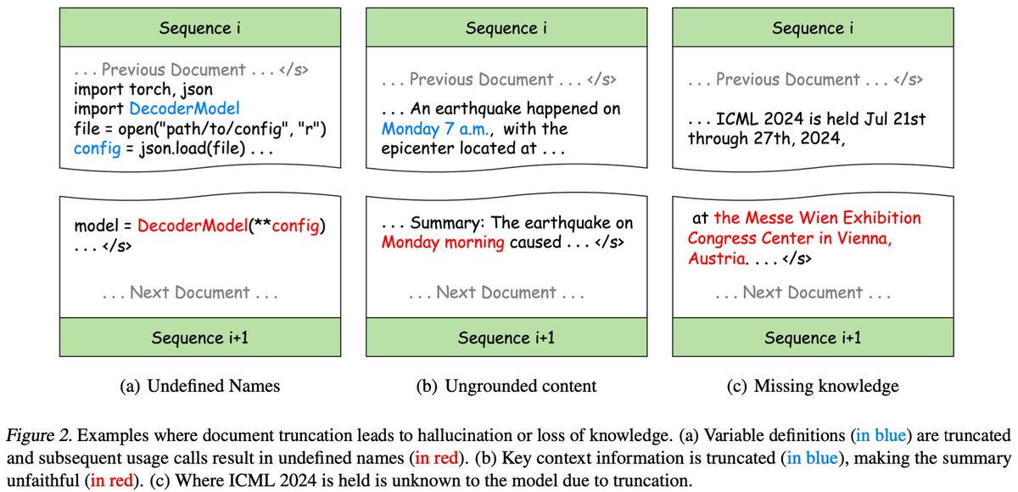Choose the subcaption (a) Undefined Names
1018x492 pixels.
coord(200,386)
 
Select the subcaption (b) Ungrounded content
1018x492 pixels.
coord(507,386)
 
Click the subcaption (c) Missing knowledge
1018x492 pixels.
coord(814,386)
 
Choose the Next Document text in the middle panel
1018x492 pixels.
coord(496,294)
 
